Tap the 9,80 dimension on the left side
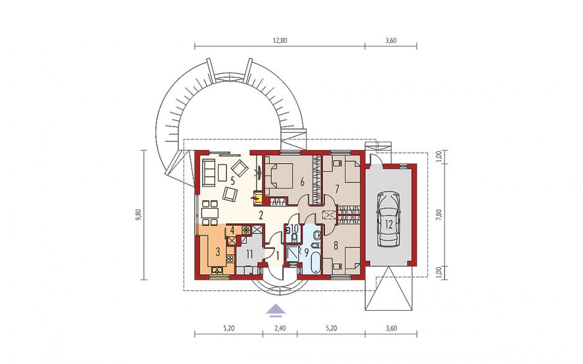[139, 215]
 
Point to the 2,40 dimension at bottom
[280, 328]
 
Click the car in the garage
[388, 220]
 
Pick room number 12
[389, 224]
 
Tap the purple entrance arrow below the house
[275, 310]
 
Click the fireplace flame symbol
[256, 198]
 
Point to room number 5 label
[233, 181]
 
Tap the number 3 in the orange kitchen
[218, 252]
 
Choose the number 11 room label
[249, 254]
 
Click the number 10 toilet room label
[294, 229]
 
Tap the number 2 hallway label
[261, 215]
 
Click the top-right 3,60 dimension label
[391, 41]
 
